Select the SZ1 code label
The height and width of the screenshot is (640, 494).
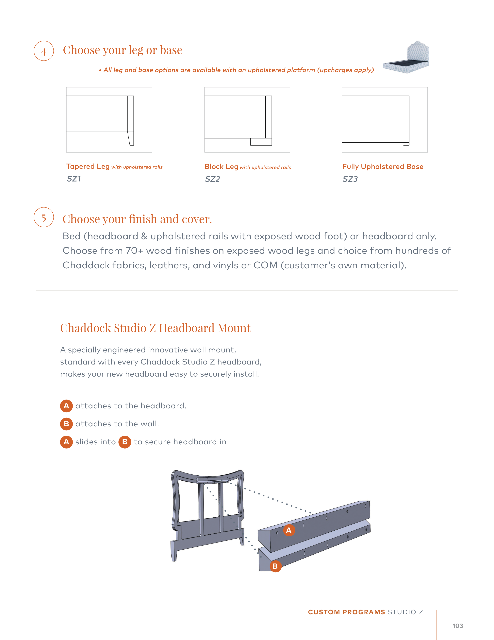pos(74,179)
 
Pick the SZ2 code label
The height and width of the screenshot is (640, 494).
pos(212,179)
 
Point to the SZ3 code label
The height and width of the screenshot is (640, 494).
pos(350,179)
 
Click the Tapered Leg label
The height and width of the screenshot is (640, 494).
pos(88,167)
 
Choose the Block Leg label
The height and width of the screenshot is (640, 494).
pos(221,167)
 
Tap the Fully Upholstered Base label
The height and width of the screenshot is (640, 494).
pos(383,167)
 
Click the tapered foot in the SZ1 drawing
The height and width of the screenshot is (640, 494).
pos(131,138)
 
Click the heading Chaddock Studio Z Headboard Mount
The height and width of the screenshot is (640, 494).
pos(155,328)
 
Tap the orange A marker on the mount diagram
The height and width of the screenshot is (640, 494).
pos(289,530)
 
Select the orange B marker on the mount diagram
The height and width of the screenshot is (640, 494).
pos(275,566)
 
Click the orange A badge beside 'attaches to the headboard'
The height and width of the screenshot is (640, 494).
pos(66,406)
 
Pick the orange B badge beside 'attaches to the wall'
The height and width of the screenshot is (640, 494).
pos(66,424)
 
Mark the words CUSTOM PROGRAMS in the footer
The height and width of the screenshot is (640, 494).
pos(346,612)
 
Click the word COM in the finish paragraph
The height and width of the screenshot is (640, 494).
pos(265,265)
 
